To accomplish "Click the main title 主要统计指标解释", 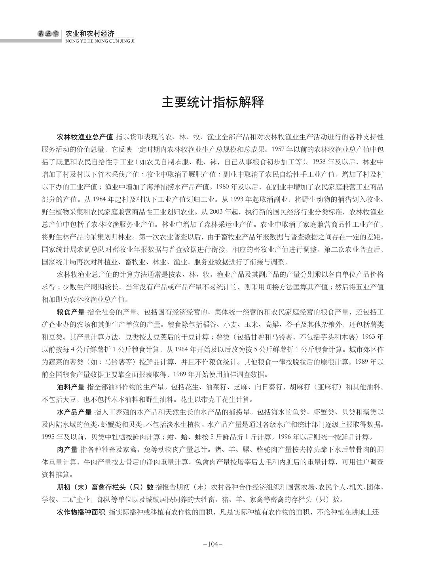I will pyautogui.click(x=212, y=102).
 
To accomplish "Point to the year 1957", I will pyautogui.click(x=278, y=150).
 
